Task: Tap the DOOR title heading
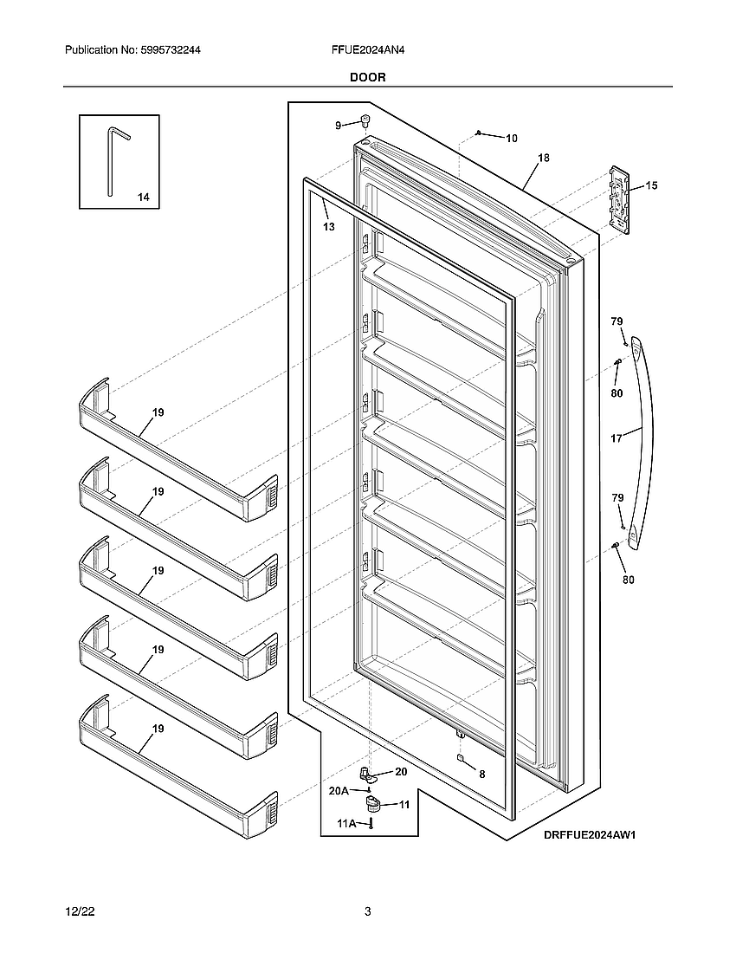368,77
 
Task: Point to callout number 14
143,198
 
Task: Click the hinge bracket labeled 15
620,198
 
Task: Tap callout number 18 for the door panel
543,159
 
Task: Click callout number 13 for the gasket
328,227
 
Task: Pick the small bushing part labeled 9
365,120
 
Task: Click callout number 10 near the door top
511,138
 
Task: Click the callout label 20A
338,790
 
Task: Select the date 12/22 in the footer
80,911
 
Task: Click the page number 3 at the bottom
368,911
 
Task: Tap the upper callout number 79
617,321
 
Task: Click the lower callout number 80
628,580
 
